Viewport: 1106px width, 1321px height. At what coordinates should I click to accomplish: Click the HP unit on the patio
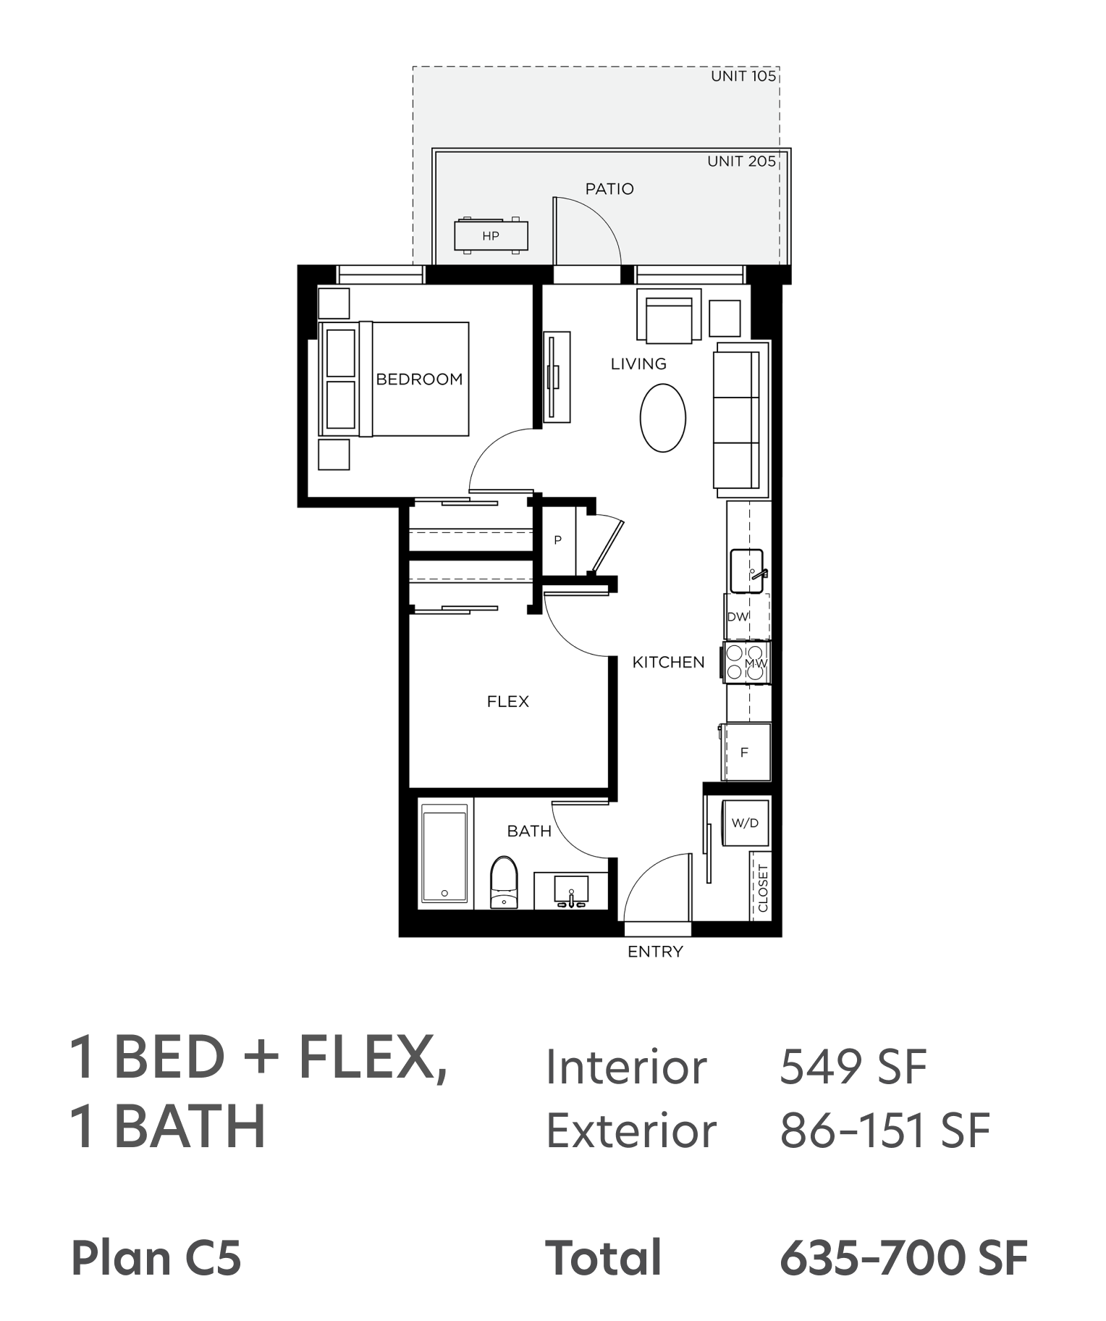click(491, 235)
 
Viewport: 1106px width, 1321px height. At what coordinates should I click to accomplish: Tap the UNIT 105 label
click(743, 76)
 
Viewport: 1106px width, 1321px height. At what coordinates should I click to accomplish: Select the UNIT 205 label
click(741, 162)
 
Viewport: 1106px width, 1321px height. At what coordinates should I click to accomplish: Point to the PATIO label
click(609, 189)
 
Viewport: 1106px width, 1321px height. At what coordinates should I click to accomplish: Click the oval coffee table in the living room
click(662, 418)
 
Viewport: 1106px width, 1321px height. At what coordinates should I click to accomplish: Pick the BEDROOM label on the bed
click(419, 379)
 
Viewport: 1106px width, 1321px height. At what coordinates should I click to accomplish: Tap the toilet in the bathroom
click(504, 882)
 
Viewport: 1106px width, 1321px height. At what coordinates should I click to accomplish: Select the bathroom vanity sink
click(571, 891)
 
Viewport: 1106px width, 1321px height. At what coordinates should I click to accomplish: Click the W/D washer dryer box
click(745, 823)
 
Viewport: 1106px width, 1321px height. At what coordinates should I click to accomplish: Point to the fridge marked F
click(745, 752)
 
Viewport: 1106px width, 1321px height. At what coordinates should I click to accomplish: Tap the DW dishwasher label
click(738, 617)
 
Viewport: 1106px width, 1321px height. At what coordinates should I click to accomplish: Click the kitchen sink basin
click(746, 571)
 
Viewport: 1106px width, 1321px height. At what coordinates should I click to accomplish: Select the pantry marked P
click(559, 540)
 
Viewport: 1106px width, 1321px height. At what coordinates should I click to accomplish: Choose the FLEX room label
click(508, 702)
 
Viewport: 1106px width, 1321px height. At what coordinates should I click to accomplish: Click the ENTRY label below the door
click(655, 952)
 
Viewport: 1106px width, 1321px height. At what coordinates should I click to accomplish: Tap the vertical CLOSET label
click(763, 887)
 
